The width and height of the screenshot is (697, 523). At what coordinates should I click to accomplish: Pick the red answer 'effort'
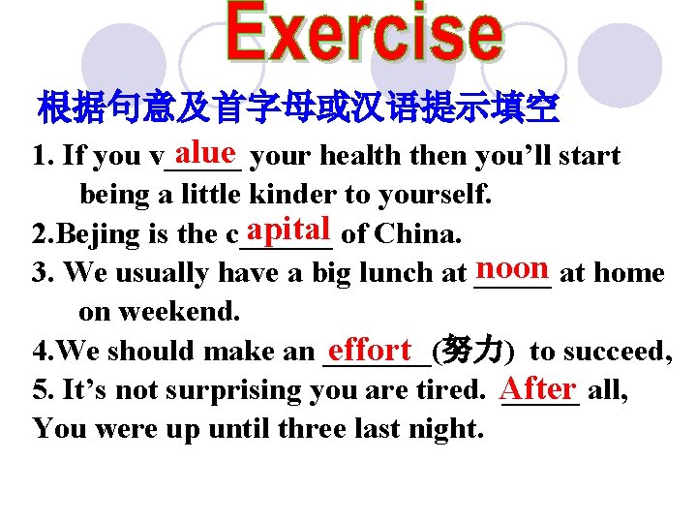click(x=370, y=348)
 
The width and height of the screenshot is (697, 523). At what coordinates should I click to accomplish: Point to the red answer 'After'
click(x=539, y=387)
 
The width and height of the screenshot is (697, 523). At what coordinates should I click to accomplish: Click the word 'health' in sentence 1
click(x=359, y=156)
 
